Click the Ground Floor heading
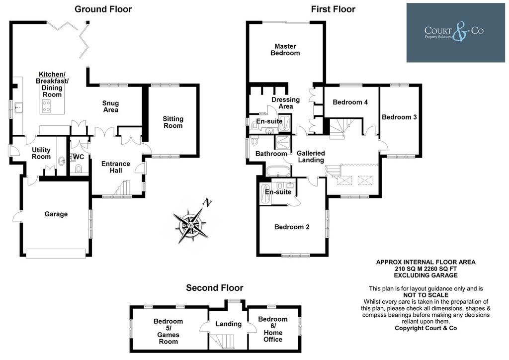tap(103, 9)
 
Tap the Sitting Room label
tap(173, 122)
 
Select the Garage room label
tap(56, 214)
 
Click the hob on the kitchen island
tap(46, 106)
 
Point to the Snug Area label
tap(111, 106)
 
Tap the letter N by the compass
tap(207, 203)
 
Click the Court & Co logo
tap(455, 32)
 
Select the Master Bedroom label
tap(285, 50)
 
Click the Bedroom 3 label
tap(399, 117)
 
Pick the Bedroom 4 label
tap(350, 102)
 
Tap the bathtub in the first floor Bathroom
tap(277, 171)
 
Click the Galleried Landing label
tap(311, 157)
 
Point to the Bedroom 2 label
tap(292, 227)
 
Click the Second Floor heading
tap(215, 288)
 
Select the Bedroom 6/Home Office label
tap(273, 329)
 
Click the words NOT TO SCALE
tap(425, 295)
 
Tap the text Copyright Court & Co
tap(425, 328)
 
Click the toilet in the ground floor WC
tap(78, 169)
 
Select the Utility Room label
tap(41, 153)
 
